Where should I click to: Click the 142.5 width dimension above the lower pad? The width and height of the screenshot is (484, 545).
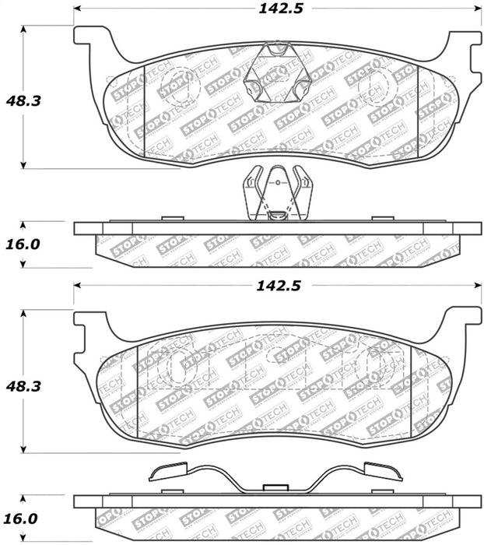[x=279, y=286]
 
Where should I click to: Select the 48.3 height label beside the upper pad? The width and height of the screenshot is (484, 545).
[x=23, y=100]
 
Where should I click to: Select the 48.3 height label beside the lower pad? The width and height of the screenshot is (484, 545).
[x=23, y=386]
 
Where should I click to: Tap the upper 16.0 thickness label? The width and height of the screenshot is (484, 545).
[x=23, y=244]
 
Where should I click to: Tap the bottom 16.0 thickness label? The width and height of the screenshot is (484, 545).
[x=21, y=519]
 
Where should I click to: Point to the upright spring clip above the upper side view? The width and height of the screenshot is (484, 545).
[x=278, y=193]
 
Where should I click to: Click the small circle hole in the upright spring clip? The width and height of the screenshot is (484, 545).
[x=278, y=182]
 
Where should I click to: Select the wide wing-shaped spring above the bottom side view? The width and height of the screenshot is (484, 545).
[x=275, y=477]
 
